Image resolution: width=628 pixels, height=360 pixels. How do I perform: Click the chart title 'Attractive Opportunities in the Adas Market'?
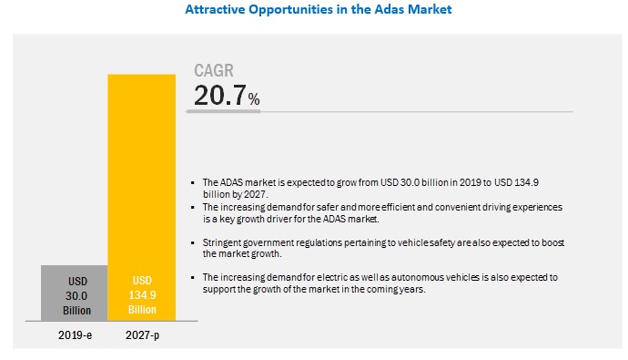pos(313,10)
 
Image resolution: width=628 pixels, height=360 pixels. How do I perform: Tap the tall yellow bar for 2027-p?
pos(141,182)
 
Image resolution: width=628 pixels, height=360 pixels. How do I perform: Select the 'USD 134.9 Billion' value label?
pos(141,295)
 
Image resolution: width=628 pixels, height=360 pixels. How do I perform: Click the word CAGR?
pos(215,71)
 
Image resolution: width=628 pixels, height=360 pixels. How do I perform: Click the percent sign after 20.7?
pos(254,98)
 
